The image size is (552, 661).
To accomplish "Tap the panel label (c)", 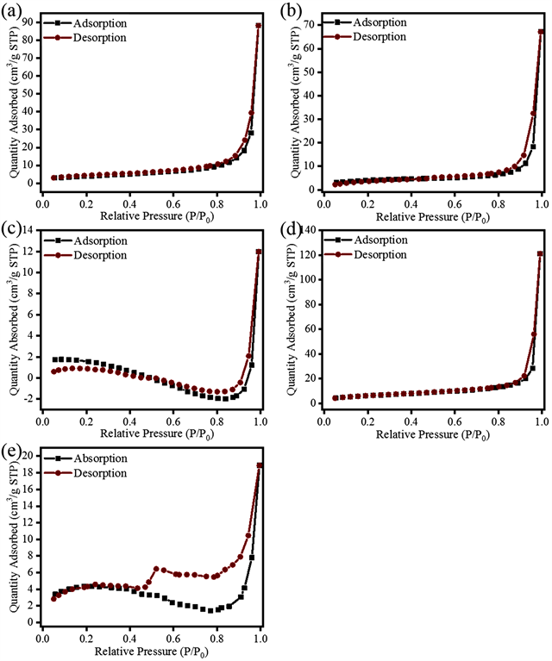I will coord(12,231).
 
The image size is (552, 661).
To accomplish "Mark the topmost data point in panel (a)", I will coord(258,26).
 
